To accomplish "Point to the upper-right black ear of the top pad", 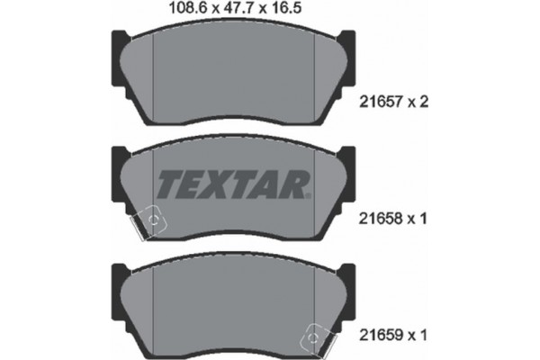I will pyautogui.click(x=346, y=43).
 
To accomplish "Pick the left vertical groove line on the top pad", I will pyautogui.click(x=155, y=76).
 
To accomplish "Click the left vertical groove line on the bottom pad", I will pyautogui.click(x=155, y=306).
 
